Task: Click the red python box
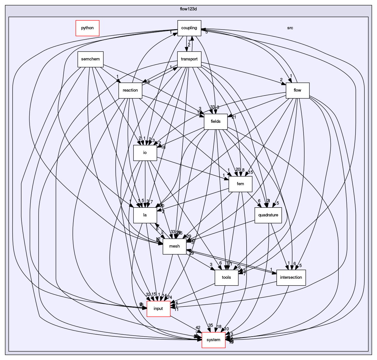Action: point(87,28)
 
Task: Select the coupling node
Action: point(189,28)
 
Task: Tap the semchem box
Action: point(90,59)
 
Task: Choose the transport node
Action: point(189,59)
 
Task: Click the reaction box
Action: point(130,90)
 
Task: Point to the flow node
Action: point(297,90)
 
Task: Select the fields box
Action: point(215,122)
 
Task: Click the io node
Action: point(145,153)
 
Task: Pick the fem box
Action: point(240,184)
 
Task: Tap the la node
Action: point(145,215)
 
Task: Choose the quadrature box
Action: point(268,215)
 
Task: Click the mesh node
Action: point(175,246)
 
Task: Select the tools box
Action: point(226,277)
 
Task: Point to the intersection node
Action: point(291,277)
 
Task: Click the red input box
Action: point(158,309)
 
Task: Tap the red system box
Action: point(214,340)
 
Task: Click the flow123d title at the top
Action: point(188,9)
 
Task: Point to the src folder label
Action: point(290,28)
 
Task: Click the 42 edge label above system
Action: point(198,328)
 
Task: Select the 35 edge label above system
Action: point(210,325)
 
